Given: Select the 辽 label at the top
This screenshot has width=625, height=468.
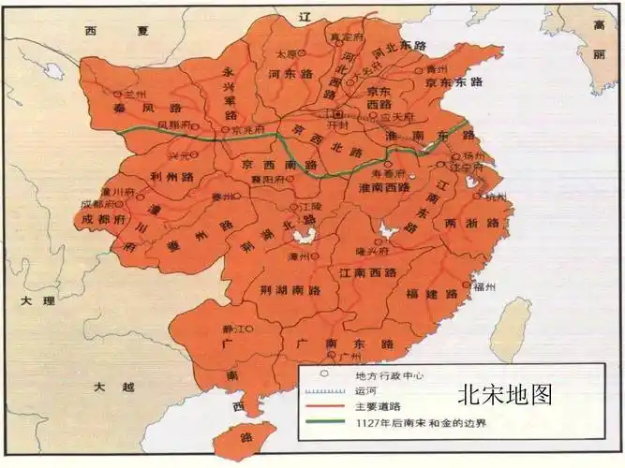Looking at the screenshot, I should pos(303,18).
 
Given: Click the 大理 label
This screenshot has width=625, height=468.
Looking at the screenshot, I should pos(42,301).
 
